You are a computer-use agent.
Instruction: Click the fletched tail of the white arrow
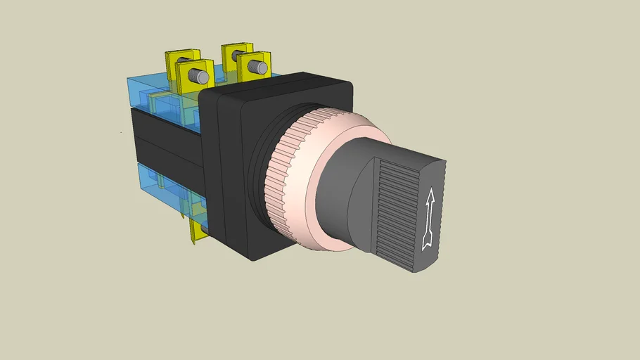pos(427,242)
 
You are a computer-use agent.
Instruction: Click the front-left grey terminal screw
pos(202,75)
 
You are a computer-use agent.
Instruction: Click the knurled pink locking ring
pos(285,176)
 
